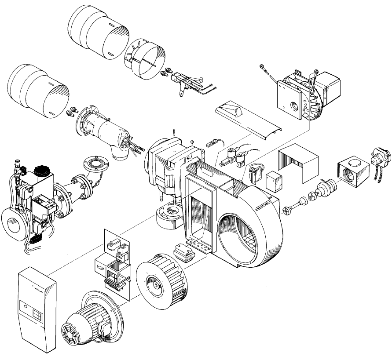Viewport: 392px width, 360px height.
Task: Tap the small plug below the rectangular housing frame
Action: pos(183,253)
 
